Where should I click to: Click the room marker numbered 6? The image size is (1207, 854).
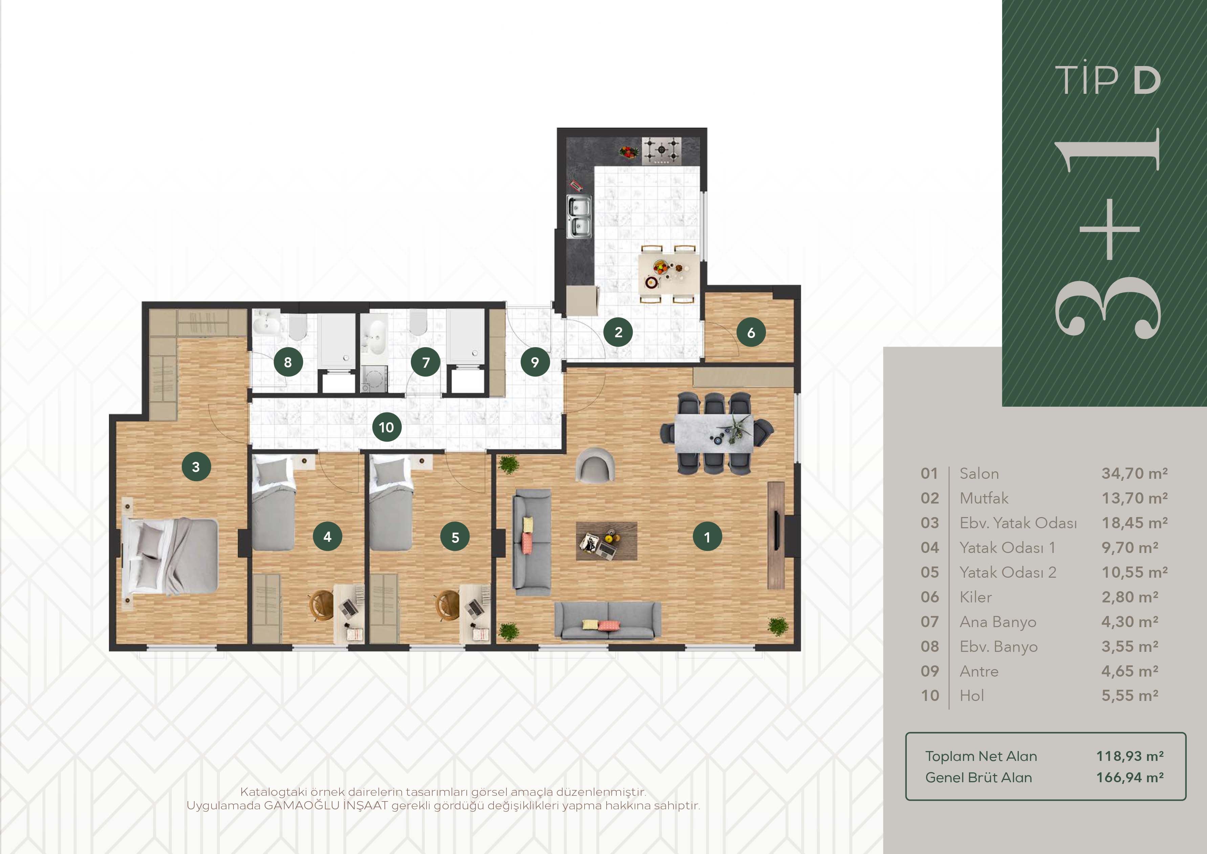[751, 332]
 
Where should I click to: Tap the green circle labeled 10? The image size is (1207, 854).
[387, 427]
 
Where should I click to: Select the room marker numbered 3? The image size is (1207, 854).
[196, 466]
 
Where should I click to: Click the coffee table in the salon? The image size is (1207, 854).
[607, 540]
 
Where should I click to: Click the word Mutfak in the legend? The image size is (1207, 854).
[984, 498]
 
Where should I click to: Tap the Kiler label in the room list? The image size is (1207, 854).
[976, 597]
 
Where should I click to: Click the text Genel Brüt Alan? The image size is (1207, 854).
[978, 778]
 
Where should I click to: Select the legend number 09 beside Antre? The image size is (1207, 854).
[929, 671]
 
